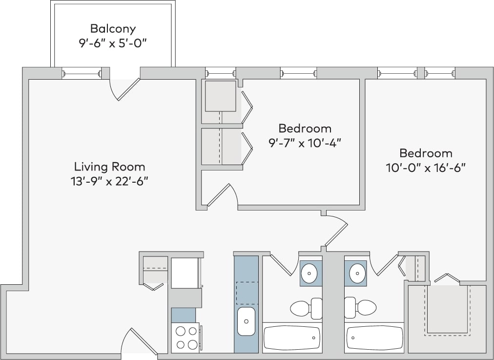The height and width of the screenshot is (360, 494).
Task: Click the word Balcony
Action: click(x=113, y=29)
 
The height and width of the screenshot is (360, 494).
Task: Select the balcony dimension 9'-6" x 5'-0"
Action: click(x=113, y=43)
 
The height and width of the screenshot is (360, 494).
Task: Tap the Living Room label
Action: click(x=109, y=167)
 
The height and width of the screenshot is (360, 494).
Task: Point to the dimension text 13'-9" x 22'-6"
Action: click(x=109, y=181)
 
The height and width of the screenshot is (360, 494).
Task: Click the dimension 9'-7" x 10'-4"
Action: click(x=305, y=143)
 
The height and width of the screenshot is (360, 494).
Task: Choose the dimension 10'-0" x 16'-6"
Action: click(x=426, y=168)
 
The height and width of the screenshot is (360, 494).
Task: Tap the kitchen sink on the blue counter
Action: click(x=246, y=321)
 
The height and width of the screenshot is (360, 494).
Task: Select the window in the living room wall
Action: click(x=82, y=74)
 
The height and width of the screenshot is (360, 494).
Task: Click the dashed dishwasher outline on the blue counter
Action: click(x=246, y=293)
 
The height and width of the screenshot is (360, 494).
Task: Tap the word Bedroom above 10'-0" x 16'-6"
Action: click(x=426, y=153)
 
